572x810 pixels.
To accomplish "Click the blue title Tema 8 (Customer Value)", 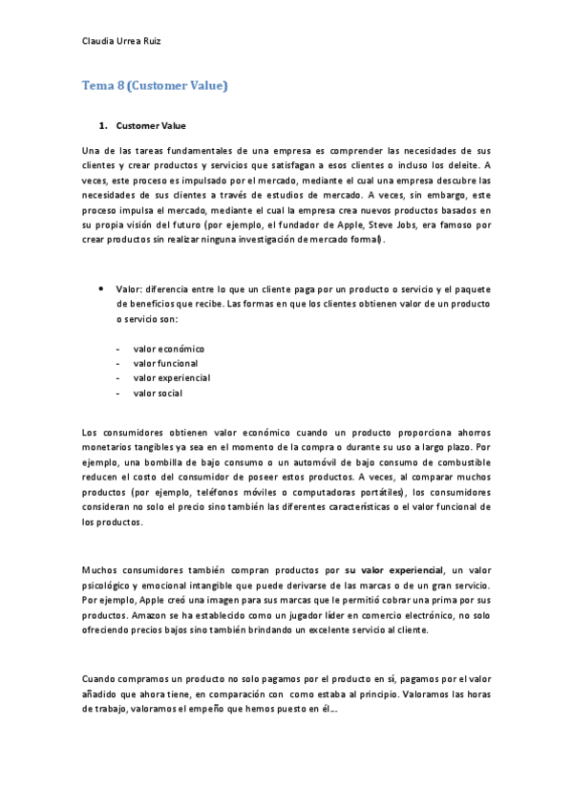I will coord(155,86).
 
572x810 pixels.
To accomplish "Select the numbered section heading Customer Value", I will coord(151,125).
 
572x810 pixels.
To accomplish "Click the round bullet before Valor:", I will coord(100,288).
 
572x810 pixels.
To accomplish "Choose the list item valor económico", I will coord(169,349).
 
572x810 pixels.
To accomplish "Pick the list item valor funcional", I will coord(166,363).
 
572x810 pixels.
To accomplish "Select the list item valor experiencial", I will coord(172,377).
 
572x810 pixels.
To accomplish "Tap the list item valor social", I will coord(158,393).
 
